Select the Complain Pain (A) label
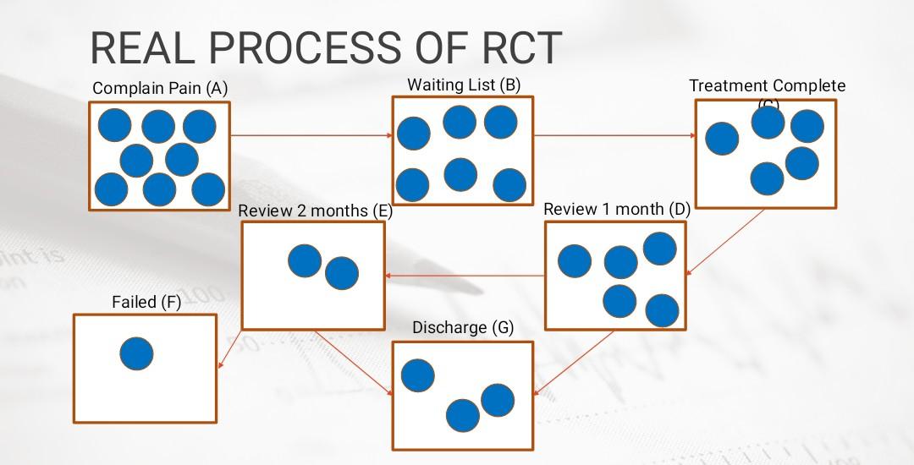point(160,88)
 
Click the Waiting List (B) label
point(464,85)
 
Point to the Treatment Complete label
point(767,86)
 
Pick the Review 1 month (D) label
point(616,209)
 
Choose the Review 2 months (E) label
point(315,211)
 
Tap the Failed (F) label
point(146,302)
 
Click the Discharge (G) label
point(463,327)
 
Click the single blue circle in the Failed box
point(136,353)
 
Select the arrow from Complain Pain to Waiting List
point(311,134)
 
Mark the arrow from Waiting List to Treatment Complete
point(614,134)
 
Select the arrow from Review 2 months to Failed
point(229,349)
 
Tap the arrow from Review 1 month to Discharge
point(575,363)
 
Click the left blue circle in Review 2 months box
point(304,260)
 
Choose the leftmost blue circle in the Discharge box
point(417,375)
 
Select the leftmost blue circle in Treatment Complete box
point(722,139)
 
